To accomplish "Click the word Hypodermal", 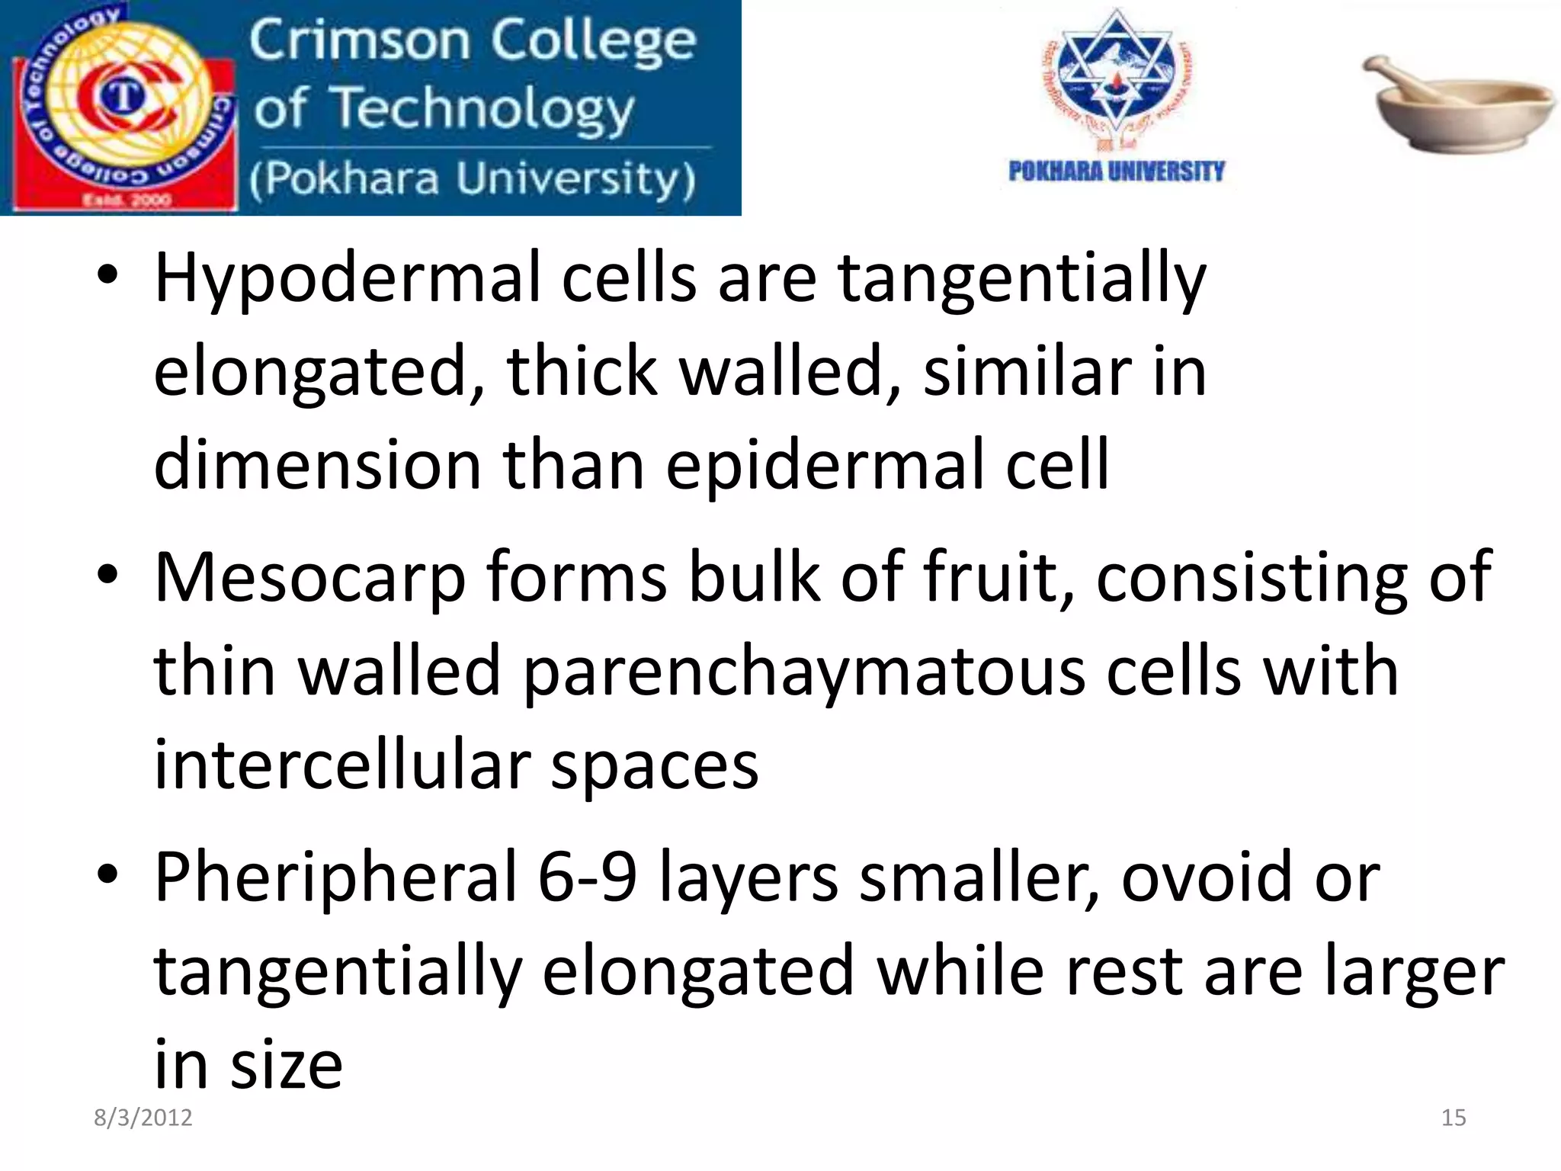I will (x=347, y=279).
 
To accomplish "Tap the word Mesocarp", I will (x=309, y=579).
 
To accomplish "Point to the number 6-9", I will (x=587, y=877).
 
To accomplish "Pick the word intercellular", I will (x=342, y=765).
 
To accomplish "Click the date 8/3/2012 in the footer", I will (x=143, y=1118).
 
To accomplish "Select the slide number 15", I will (x=1454, y=1118).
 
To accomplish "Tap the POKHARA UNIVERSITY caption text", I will (x=1116, y=172).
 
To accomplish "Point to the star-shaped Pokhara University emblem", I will (x=1116, y=76).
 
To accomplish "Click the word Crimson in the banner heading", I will (x=359, y=41).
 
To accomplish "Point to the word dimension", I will (x=317, y=465).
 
